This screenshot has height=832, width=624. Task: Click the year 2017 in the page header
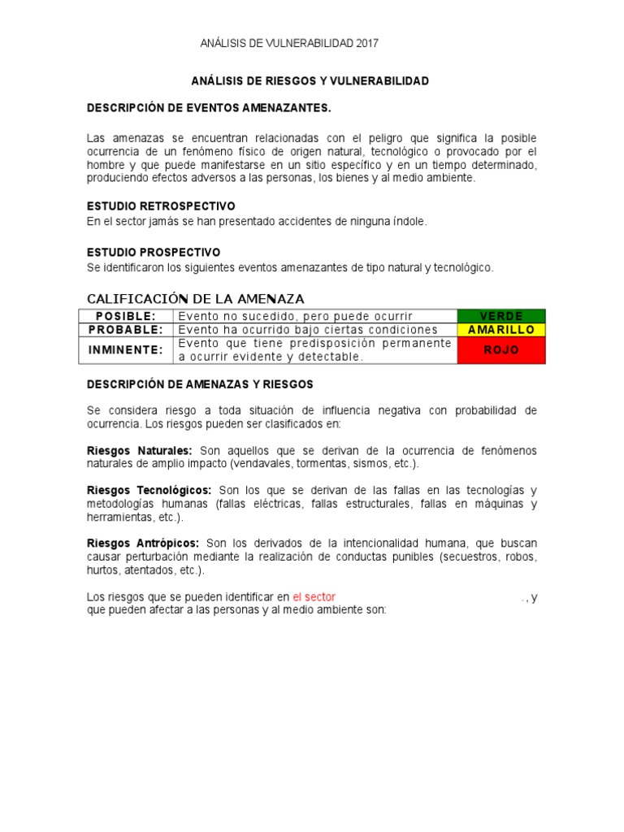(x=366, y=43)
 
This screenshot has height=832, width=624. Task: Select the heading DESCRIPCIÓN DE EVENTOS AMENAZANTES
(x=210, y=107)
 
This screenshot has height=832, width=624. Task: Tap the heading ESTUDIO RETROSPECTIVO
(x=161, y=206)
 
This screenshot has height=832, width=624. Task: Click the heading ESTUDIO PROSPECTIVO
(x=154, y=253)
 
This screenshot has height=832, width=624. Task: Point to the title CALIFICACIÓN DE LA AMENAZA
(x=196, y=299)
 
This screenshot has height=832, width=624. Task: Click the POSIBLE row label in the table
(x=126, y=316)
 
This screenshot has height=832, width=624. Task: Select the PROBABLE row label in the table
(x=126, y=330)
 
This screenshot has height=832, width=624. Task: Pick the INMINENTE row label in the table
(x=126, y=350)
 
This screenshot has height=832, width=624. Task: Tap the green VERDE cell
(x=501, y=316)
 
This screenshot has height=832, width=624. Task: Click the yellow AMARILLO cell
(x=501, y=330)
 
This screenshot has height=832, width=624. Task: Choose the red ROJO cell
(x=501, y=350)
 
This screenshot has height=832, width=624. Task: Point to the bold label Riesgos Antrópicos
(x=144, y=543)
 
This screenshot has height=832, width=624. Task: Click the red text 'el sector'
(x=314, y=597)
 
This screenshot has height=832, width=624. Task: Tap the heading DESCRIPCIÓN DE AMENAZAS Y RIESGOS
(x=200, y=384)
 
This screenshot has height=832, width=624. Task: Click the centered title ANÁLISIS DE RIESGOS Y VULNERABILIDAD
(x=310, y=81)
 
